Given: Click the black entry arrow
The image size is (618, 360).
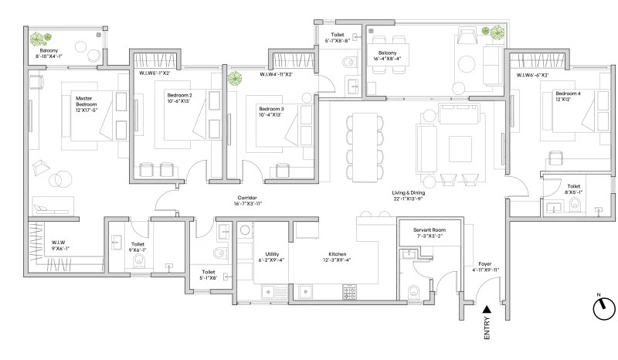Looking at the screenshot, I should [x=486, y=310].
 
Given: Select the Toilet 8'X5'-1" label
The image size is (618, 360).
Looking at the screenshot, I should [x=573, y=189].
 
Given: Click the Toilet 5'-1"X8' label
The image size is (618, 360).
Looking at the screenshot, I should [x=209, y=276].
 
